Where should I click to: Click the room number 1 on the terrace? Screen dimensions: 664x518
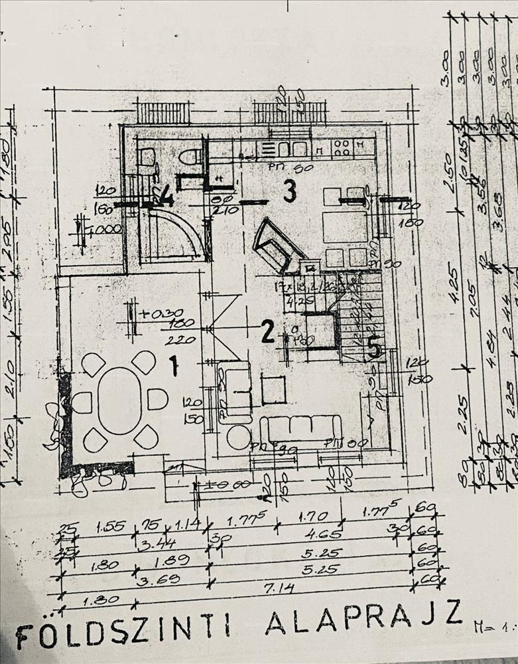[x=174, y=365]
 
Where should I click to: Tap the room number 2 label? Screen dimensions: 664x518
[x=267, y=331]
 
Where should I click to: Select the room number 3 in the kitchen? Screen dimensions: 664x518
[x=289, y=191]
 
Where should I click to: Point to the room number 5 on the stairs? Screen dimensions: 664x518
[x=375, y=347]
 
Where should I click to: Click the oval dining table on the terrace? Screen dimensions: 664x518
[x=120, y=400]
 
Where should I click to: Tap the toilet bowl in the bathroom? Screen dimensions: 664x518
[x=191, y=157]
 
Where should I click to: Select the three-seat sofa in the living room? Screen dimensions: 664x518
[x=300, y=428]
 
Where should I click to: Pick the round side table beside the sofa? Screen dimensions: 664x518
[x=238, y=436]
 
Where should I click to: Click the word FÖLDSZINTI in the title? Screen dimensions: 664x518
[x=123, y=631]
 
